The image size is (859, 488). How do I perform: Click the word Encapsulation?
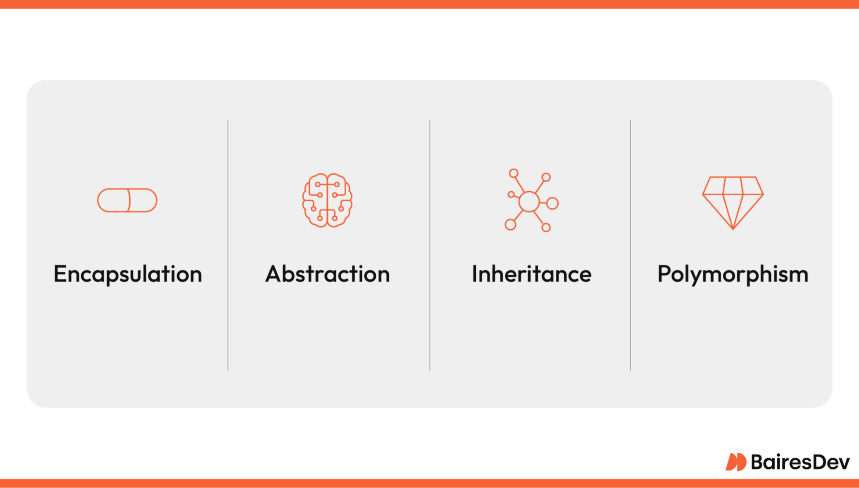[x=128, y=274]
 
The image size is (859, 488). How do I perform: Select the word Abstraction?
[x=327, y=274]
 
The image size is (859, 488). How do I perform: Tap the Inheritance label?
[x=532, y=274]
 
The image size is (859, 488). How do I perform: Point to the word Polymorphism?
[x=733, y=274]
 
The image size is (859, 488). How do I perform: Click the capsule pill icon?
[x=128, y=200]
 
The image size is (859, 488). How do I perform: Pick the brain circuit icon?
[x=327, y=200]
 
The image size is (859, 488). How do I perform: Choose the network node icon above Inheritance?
[x=532, y=200]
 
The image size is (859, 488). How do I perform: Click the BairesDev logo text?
[x=800, y=462]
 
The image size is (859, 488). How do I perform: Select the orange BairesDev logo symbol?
[x=736, y=462]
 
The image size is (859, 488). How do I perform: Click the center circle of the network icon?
[x=529, y=202]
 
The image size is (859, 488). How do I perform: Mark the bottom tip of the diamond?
[x=733, y=229]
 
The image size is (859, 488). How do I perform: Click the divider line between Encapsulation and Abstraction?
[x=228, y=245]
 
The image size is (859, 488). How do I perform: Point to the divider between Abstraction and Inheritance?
[x=430, y=245]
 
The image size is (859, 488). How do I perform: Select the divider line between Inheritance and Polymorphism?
[x=630, y=245]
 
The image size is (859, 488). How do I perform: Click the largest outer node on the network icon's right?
[x=553, y=203]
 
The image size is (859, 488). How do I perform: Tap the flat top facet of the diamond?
[x=733, y=185]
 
